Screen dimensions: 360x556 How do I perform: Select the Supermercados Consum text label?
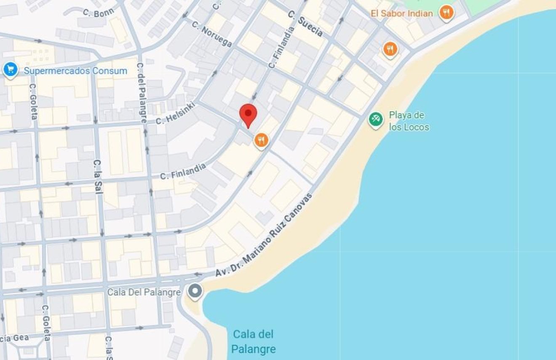click(75, 71)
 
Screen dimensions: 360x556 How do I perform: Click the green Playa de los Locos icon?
click(375, 119)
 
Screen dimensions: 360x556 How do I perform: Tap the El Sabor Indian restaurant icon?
click(446, 13)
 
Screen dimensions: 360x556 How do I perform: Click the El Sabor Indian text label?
click(401, 13)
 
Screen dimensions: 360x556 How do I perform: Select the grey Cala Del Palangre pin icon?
click(195, 291)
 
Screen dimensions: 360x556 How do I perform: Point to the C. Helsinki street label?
click(176, 113)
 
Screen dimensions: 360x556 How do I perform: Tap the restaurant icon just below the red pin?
click(261, 141)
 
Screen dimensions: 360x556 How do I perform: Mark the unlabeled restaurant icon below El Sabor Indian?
click(390, 49)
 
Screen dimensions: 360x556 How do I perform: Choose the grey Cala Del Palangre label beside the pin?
click(144, 292)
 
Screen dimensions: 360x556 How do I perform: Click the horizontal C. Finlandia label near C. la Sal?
click(183, 171)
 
